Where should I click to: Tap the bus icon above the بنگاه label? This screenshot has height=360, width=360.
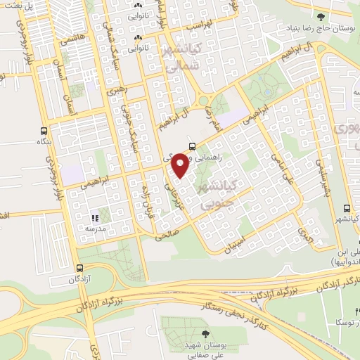click(x=44, y=131)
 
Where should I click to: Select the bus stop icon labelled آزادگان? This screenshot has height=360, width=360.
click(x=79, y=268)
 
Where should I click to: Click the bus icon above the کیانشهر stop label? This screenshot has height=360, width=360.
click(x=346, y=208)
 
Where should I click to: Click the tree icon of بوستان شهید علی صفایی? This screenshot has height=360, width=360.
click(x=205, y=334)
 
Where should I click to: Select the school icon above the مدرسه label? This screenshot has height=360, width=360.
click(x=96, y=218)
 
